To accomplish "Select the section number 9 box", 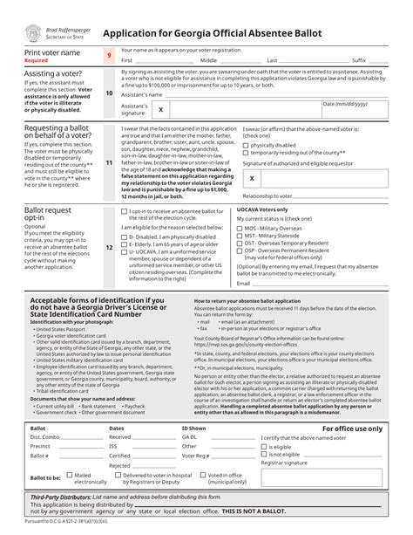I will tap(109, 56).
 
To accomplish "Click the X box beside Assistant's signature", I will tap(160, 110).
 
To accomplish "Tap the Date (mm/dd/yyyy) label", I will tap(345, 104).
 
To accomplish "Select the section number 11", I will tap(109, 163).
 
